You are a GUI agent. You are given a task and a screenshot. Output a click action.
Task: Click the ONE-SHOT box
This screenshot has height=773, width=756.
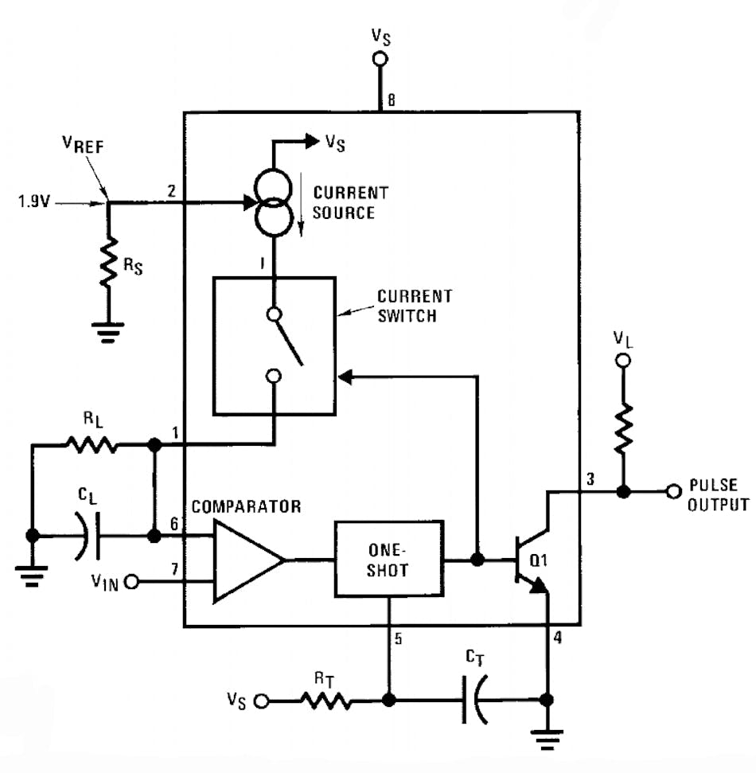pos(388,559)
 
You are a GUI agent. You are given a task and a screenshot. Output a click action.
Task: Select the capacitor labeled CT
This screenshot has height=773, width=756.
pos(471,701)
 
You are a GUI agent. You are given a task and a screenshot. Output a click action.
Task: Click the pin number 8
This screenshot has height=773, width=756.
pos(391,100)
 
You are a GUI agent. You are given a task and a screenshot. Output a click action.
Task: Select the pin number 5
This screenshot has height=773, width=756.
pos(398,638)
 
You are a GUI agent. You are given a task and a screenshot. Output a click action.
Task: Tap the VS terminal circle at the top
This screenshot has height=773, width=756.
pos(380,59)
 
